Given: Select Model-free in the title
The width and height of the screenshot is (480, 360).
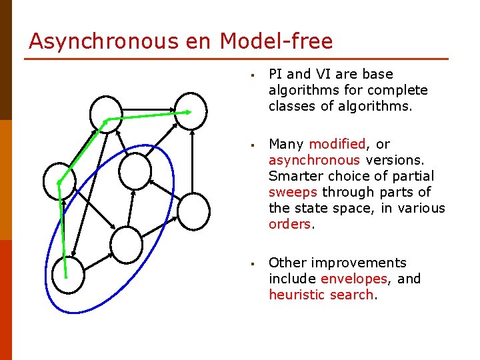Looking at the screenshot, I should pyautogui.click(x=276, y=41).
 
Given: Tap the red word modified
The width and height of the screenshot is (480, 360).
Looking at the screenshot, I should pyautogui.click(x=337, y=144).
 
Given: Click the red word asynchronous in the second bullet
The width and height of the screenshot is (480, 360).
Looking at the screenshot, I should pyautogui.click(x=314, y=160).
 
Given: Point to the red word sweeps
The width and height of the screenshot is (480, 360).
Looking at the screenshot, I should pyautogui.click(x=291, y=192).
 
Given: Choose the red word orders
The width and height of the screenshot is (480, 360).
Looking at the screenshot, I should pyautogui.click(x=289, y=224).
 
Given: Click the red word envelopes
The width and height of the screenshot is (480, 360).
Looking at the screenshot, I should pyautogui.click(x=354, y=279).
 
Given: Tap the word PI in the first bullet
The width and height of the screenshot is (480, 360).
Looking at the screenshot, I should pyautogui.click(x=275, y=74).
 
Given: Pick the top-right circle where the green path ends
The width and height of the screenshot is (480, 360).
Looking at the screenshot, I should pyautogui.click(x=191, y=109).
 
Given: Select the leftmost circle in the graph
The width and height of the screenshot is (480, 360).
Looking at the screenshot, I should pyautogui.click(x=59, y=181).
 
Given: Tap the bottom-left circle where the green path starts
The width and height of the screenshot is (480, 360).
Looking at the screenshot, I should pyautogui.click(x=68, y=275).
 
